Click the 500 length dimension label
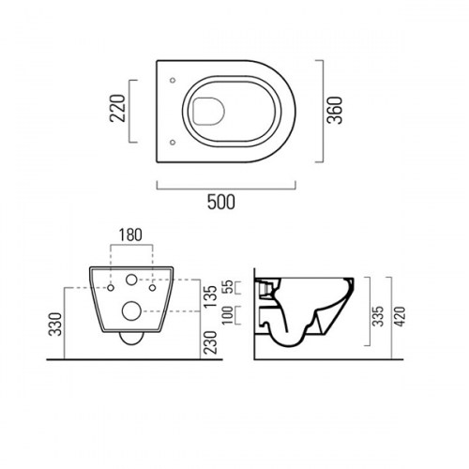tap(221, 202)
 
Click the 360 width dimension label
tap(335, 111)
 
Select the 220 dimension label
tap(118, 108)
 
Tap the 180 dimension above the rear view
tap(130, 235)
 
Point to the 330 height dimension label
tap(56, 324)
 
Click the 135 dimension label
tap(211, 296)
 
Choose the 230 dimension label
tap(211, 342)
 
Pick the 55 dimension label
tap(229, 287)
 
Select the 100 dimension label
tap(229, 315)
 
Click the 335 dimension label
tap(379, 316)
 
